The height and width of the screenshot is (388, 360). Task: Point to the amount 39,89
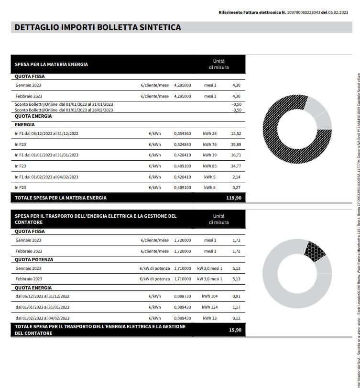point(236,144)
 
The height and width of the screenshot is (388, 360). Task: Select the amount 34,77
point(236,166)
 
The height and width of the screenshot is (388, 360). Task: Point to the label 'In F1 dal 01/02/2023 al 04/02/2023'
point(46,177)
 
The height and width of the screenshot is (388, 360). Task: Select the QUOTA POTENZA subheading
point(34,260)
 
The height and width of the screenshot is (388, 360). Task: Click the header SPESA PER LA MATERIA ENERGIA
point(52,64)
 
